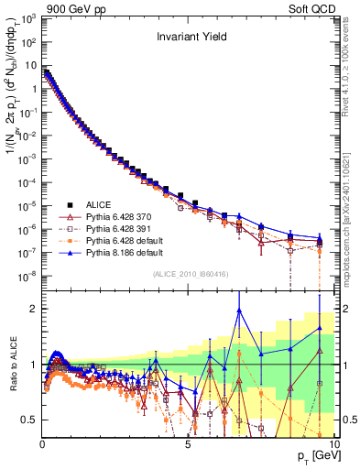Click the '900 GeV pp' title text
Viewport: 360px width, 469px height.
pos(68,7)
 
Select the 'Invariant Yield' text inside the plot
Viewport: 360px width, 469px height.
pos(191,38)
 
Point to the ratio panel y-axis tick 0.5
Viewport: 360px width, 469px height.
pos(31,420)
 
